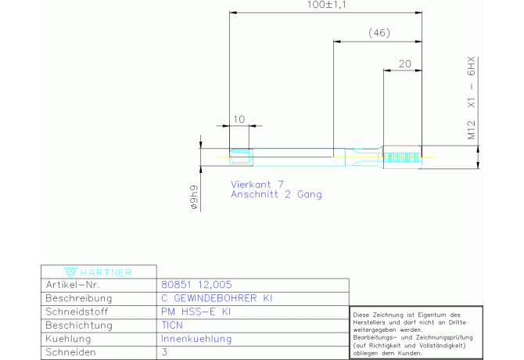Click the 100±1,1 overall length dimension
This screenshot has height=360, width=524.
(x=326, y=5)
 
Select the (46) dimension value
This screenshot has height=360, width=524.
(x=379, y=33)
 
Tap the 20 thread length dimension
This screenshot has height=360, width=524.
(x=404, y=63)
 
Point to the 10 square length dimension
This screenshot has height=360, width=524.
(x=239, y=119)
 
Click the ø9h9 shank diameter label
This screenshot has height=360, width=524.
(x=194, y=197)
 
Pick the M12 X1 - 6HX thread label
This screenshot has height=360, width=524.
(x=471, y=99)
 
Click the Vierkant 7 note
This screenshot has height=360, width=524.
(x=257, y=184)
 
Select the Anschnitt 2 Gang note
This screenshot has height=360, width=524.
(x=276, y=194)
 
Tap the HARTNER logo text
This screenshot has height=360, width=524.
(x=106, y=273)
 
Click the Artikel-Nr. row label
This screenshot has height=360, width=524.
(x=73, y=285)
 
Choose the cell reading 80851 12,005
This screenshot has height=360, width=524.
(x=196, y=284)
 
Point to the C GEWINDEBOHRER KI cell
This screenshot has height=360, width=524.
(x=217, y=298)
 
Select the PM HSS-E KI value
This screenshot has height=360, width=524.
(x=196, y=311)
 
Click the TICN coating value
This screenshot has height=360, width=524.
(x=172, y=326)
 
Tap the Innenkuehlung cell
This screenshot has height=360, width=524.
(x=196, y=339)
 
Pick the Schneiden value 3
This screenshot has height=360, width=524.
(x=164, y=352)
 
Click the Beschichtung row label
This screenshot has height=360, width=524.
(x=79, y=326)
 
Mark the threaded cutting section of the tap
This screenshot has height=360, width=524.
(x=402, y=157)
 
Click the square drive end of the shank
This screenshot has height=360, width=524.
(x=241, y=157)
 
